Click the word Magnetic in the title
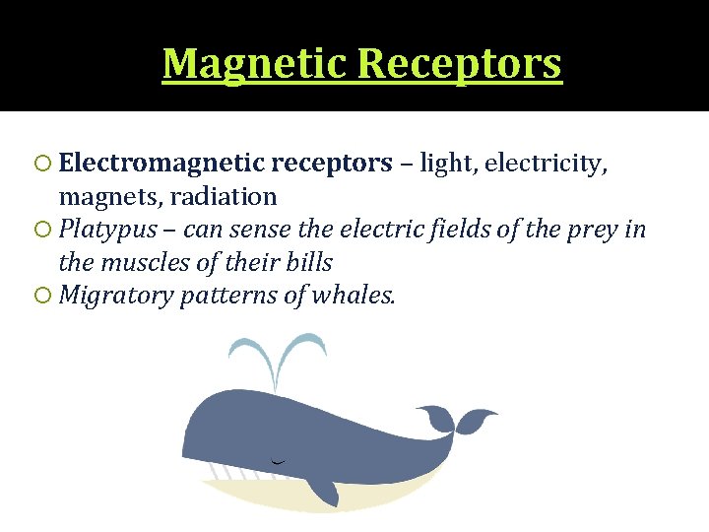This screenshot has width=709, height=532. click(x=254, y=64)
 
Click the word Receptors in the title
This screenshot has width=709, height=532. click(x=460, y=64)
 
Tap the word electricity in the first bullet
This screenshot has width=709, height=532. click(x=547, y=163)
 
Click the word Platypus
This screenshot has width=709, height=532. click(x=102, y=230)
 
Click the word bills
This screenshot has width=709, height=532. click(x=307, y=263)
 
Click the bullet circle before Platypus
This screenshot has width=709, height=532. click(x=43, y=231)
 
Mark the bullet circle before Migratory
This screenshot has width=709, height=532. click(x=43, y=297)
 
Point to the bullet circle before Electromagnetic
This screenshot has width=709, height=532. click(x=43, y=164)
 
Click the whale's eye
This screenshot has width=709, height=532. click(x=279, y=460)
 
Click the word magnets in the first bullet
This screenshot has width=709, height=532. click(x=98, y=196)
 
